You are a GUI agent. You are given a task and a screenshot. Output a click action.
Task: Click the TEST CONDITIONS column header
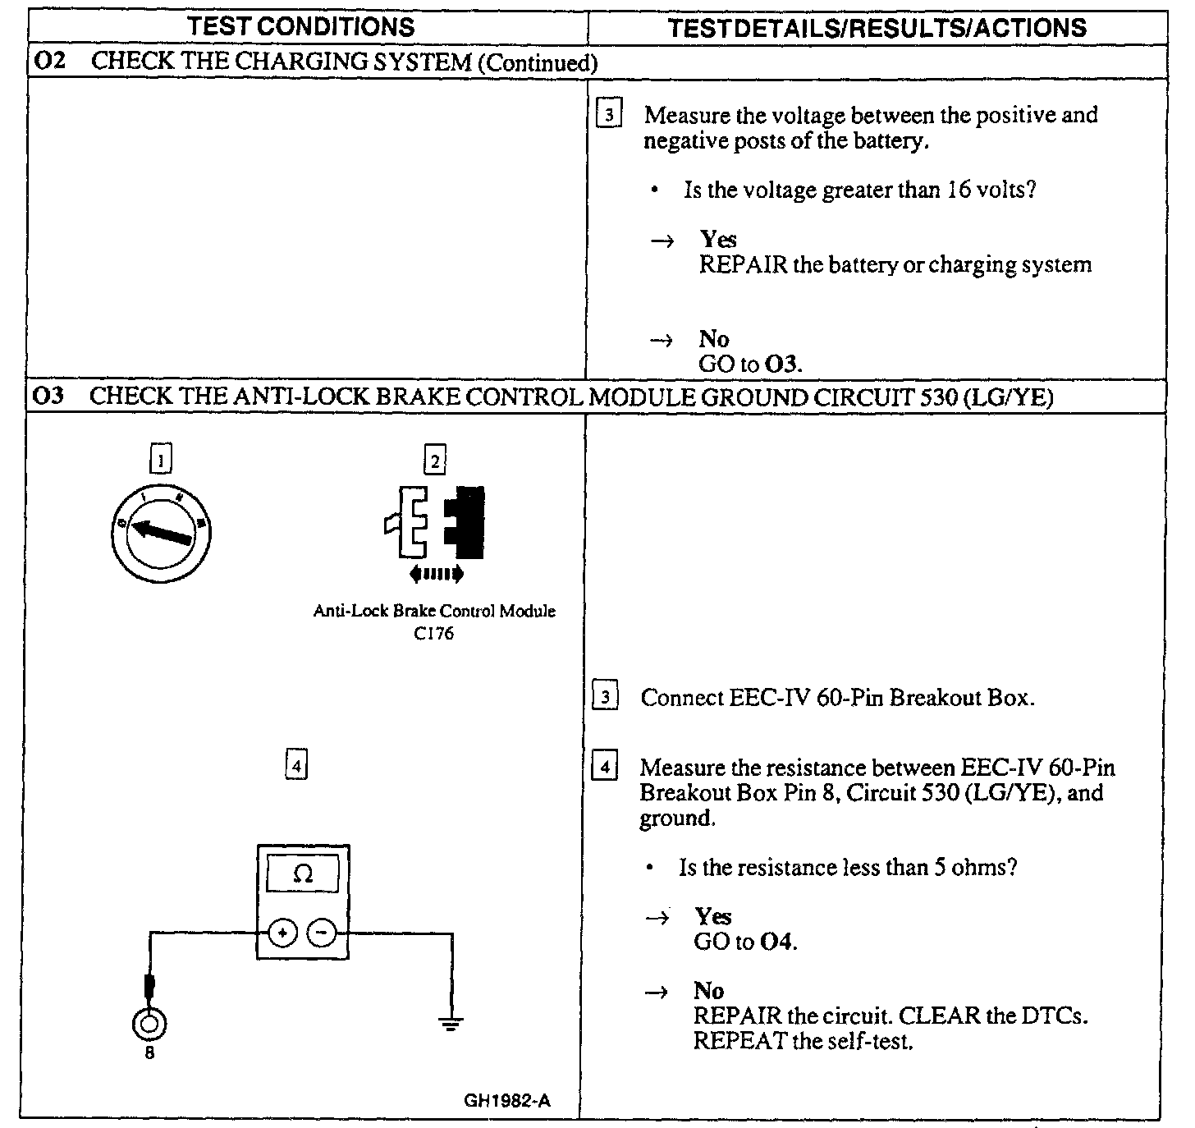tap(301, 27)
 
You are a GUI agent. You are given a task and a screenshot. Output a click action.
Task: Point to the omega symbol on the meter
tap(303, 875)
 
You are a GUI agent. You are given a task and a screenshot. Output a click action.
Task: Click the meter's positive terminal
tap(282, 933)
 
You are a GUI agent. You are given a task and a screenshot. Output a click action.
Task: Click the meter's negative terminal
tap(322, 933)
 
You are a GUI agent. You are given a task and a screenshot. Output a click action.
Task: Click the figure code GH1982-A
tap(507, 1101)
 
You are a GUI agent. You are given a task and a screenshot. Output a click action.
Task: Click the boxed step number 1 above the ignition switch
tap(161, 460)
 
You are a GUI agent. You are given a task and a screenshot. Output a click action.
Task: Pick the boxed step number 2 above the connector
tap(434, 460)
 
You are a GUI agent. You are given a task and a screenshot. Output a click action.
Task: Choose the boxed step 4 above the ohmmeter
tap(295, 766)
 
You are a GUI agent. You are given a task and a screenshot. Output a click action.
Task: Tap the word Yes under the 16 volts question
tap(718, 240)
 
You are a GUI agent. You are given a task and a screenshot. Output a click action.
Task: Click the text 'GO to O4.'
tap(745, 942)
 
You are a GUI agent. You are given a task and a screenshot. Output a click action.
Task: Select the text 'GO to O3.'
tap(750, 364)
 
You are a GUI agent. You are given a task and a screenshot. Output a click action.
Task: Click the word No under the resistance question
tap(708, 991)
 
